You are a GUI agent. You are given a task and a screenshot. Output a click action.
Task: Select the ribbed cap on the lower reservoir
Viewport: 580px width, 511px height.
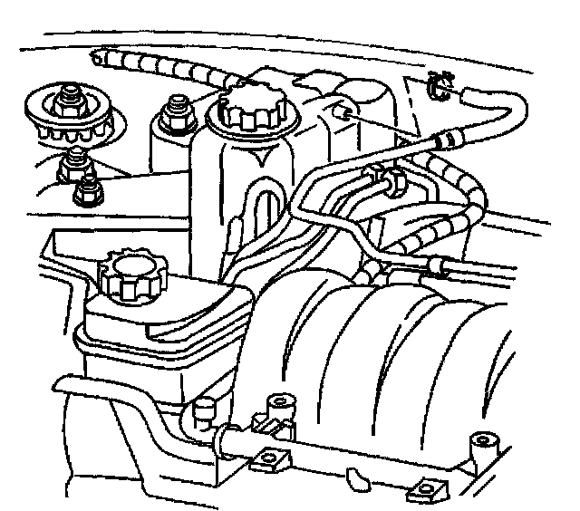click(126, 273)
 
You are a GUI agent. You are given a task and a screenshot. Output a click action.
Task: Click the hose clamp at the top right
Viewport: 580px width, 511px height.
click(438, 85)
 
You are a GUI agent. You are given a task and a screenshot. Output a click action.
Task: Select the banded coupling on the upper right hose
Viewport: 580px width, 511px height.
click(447, 139)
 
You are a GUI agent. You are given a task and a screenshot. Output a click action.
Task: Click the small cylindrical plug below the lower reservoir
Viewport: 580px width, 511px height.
click(202, 410)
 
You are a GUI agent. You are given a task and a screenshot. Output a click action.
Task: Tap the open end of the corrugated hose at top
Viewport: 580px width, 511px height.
click(94, 59)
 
